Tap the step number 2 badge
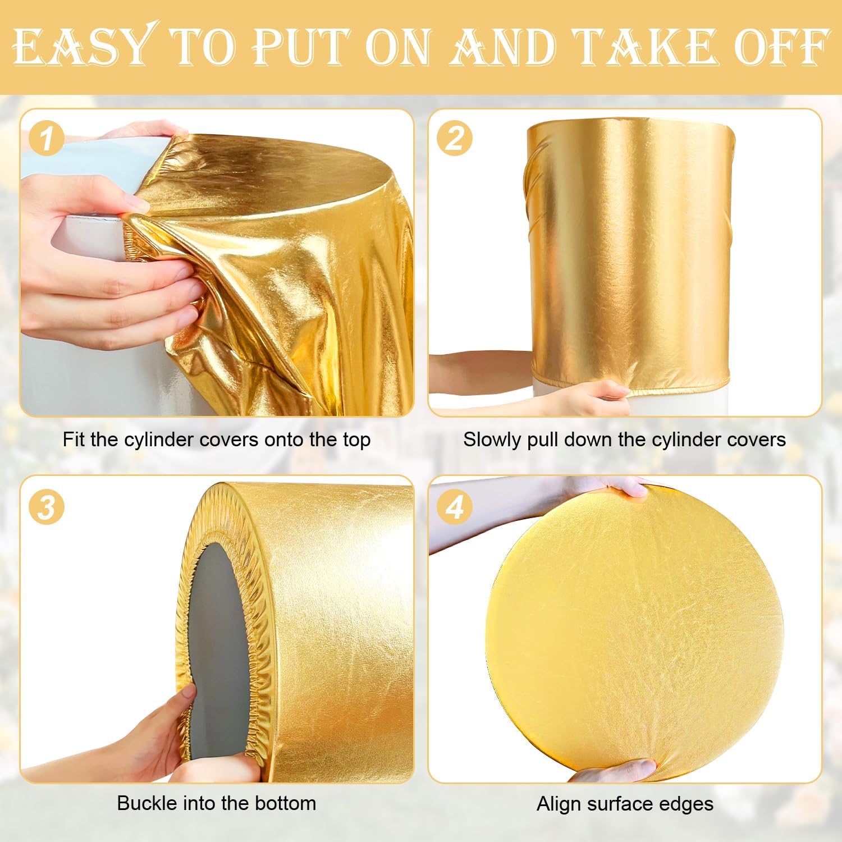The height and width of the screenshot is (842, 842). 455,139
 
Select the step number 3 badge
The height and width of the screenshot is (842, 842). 47,507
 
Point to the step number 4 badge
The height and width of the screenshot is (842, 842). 455,507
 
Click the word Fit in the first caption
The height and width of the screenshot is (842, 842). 74,440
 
